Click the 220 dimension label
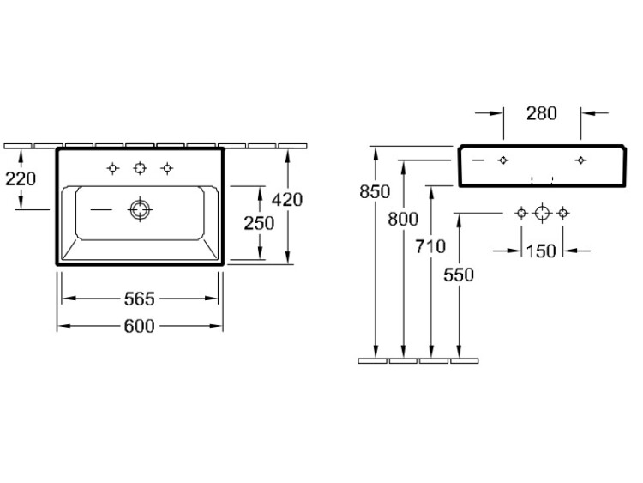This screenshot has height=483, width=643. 21,179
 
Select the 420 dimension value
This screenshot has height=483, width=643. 287,200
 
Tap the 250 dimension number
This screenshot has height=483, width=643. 259,223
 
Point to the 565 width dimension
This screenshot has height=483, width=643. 140,299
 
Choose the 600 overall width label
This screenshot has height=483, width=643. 140,326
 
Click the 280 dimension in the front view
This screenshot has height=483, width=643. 542,113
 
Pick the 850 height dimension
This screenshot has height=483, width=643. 375,191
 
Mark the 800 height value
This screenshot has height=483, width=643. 403,219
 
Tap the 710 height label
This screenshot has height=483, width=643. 430,246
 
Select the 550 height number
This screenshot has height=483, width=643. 459,275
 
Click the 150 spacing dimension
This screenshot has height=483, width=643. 541,251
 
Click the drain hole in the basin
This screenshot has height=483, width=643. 140,209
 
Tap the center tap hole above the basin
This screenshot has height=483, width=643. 140,168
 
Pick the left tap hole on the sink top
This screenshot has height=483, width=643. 113,168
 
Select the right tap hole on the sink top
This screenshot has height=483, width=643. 167,168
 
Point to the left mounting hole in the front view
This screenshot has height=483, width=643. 503,160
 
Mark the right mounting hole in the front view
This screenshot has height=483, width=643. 580,160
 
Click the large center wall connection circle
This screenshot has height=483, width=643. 542,213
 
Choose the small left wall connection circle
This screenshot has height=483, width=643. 521,213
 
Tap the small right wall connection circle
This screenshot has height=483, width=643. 563,213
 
